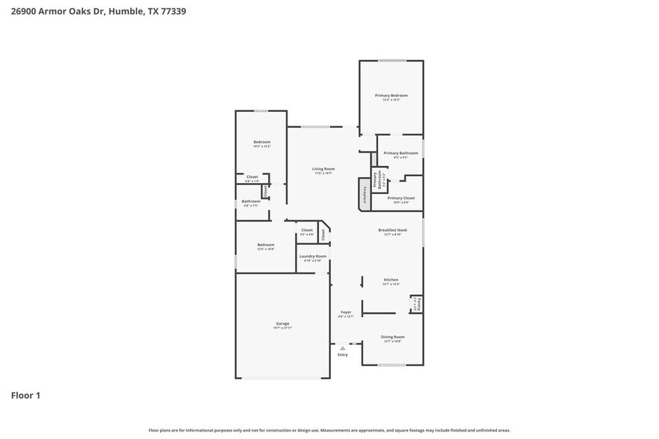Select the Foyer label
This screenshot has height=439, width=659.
(x=346, y=314)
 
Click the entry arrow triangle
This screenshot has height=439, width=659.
(x=342, y=348)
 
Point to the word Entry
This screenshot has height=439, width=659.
(x=342, y=355)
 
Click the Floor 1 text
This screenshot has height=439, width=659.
(x=25, y=395)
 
